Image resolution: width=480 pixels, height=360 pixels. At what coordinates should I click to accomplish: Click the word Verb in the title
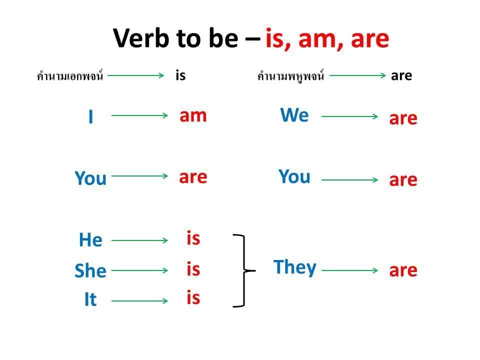coord(141,38)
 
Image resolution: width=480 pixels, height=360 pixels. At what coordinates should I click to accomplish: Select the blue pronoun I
coord(90,116)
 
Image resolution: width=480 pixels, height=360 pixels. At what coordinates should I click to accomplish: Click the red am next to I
coord(193,116)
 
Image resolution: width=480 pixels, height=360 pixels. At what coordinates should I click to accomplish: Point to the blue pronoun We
coord(294,115)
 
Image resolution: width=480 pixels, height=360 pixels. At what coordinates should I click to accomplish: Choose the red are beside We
coord(403,119)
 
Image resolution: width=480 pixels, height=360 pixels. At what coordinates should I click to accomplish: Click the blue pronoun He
coord(90,239)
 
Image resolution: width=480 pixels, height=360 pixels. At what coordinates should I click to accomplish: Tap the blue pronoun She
coord(90,270)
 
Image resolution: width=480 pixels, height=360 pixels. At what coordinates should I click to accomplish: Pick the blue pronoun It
coord(90,299)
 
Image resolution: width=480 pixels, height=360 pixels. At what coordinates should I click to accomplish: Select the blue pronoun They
coord(295,267)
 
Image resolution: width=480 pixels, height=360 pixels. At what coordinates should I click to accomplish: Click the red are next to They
coord(403,271)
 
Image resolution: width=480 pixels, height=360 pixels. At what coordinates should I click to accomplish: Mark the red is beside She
coord(193,269)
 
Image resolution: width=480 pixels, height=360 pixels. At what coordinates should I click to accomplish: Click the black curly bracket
coord(244,270)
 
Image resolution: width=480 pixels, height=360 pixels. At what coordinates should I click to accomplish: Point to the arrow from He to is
coord(139,240)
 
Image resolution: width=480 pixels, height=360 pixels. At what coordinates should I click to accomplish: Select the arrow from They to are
coord(349,270)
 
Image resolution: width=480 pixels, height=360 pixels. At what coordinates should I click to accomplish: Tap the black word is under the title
coord(180,75)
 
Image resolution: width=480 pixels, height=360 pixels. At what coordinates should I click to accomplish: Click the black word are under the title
coord(401,75)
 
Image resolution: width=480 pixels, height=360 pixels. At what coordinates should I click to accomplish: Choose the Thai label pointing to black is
coord(70,75)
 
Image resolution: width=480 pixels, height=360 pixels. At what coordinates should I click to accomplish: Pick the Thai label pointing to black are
coord(290,75)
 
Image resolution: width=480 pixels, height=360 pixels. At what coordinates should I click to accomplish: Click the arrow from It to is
coord(139,301)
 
